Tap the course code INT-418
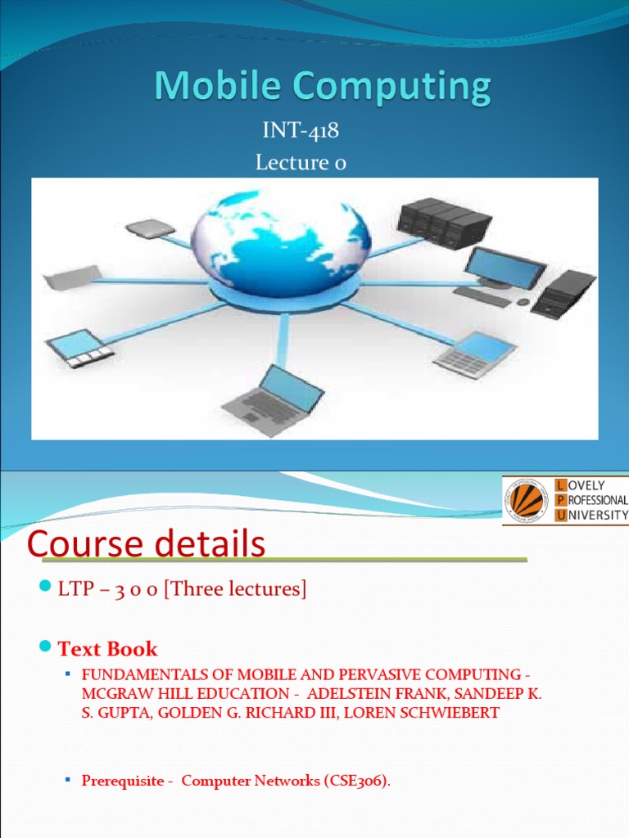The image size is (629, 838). [x=301, y=131]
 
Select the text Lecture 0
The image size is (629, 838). [x=301, y=163]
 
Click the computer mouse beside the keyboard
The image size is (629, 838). [x=523, y=302]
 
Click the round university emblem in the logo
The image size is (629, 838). [x=527, y=500]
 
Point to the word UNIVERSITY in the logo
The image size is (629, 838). [x=598, y=515]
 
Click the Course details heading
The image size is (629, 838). [x=147, y=544]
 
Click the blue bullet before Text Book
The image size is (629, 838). [x=46, y=648]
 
